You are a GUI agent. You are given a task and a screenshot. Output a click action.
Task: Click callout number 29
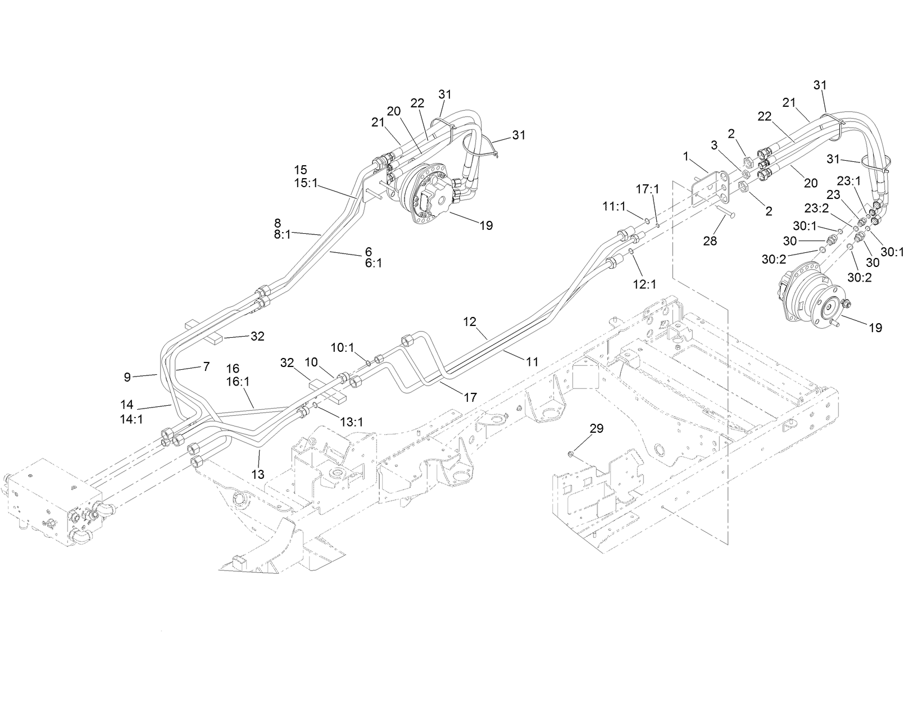(596, 428)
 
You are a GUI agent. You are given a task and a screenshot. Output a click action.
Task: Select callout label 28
(710, 241)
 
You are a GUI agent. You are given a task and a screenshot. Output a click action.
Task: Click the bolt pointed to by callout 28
(726, 213)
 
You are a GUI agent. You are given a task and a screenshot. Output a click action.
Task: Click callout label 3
(714, 145)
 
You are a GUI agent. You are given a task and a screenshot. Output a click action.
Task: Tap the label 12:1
(644, 284)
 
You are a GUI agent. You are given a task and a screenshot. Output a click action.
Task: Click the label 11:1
(614, 207)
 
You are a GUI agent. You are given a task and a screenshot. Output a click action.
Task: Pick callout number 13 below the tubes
(257, 474)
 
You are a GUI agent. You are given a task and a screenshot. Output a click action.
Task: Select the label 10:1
(342, 347)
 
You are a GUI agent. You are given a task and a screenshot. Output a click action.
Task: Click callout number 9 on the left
(128, 377)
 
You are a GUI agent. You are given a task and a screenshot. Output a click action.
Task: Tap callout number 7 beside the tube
(206, 366)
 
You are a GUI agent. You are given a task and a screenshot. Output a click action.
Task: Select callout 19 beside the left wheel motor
(486, 225)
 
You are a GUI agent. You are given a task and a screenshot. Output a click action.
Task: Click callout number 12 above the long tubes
(470, 321)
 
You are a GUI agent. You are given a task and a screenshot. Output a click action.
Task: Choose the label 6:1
(373, 262)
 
